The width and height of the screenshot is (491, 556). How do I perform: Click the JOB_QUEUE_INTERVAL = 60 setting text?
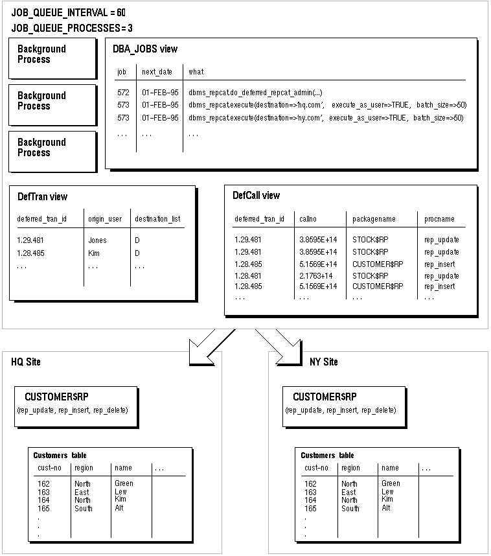coord(69,13)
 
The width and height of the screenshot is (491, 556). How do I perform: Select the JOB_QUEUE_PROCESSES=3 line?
coord(72,28)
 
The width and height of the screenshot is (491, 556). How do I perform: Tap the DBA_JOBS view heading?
coord(145,49)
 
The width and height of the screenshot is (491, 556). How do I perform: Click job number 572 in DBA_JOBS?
coord(123,93)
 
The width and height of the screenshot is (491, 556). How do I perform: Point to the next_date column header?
coord(157,72)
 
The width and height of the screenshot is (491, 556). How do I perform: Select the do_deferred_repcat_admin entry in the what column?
coord(255,93)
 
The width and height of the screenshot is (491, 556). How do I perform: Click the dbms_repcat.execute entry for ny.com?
coord(326,118)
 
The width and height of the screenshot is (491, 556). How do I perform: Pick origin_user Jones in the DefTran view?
coord(98,240)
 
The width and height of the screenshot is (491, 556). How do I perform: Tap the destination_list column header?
coord(157,219)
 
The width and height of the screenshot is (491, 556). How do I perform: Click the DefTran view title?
coord(43,197)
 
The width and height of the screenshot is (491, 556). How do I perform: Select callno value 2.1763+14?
coord(316,276)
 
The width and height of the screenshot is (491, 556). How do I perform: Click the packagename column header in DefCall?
coord(374,219)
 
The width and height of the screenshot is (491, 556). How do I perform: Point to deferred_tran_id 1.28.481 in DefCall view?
coord(248,276)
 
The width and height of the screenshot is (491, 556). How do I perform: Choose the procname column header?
coord(439,219)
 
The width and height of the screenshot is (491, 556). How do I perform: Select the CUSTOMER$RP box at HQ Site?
coord(76,407)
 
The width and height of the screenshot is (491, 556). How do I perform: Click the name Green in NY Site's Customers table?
coord(391,483)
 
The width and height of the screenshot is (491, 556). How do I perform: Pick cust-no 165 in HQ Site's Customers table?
coord(43,509)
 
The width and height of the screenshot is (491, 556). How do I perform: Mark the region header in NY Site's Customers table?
coord(350,468)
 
